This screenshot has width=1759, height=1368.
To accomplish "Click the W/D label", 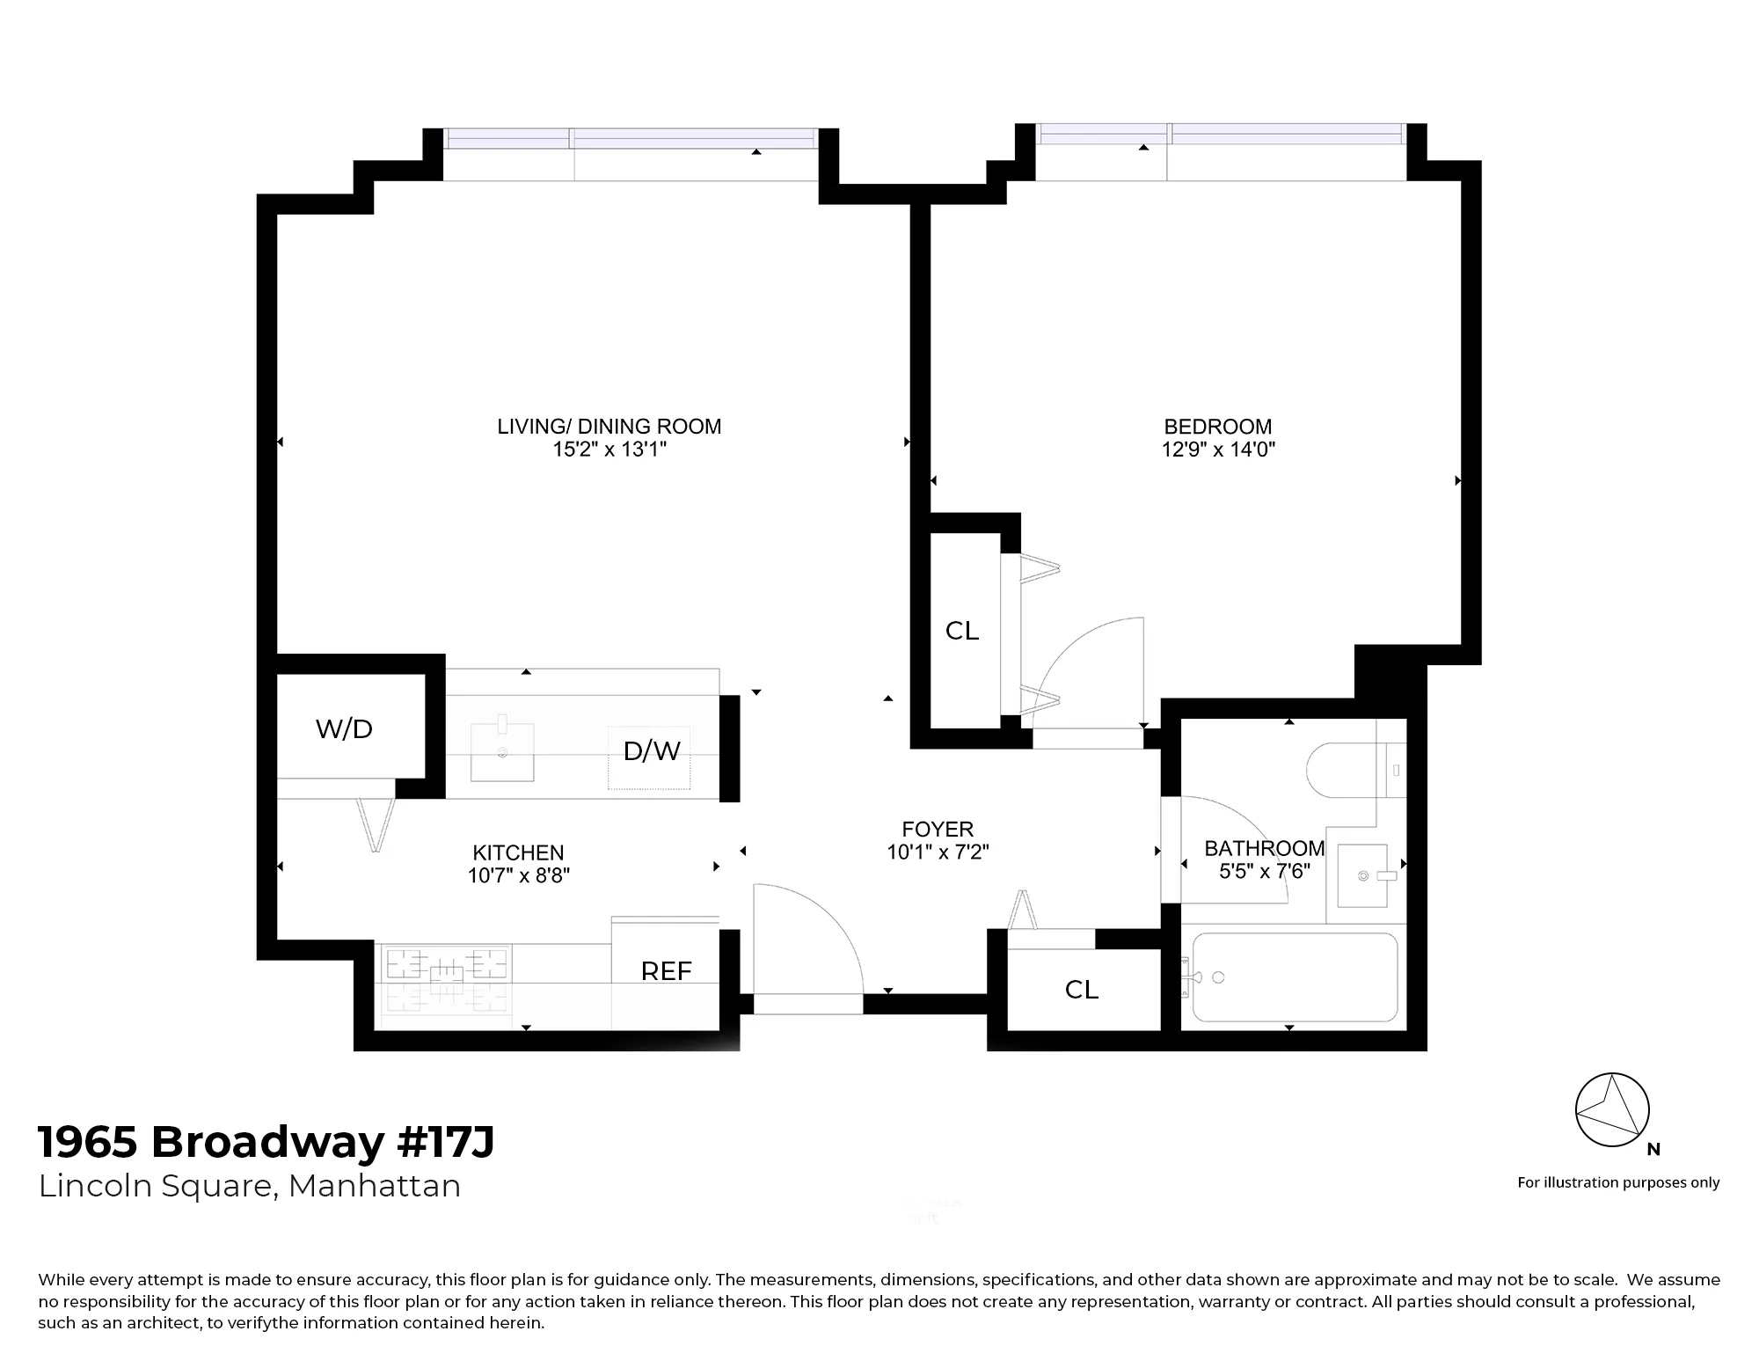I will [344, 728].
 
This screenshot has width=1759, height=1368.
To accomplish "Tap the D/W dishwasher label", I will [652, 750].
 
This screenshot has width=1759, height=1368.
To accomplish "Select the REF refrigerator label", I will [666, 971].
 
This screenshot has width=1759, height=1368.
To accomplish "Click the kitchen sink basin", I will [502, 751].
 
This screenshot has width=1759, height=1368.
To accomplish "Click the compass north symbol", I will [1612, 1110].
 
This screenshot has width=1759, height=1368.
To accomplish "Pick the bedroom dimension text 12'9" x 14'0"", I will [1218, 450].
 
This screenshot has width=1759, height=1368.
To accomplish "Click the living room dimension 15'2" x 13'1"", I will [609, 450].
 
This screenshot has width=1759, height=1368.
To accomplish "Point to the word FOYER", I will [938, 829].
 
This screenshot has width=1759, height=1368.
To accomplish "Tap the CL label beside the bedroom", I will [961, 631].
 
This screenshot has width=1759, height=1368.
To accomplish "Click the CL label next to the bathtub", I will [1081, 990].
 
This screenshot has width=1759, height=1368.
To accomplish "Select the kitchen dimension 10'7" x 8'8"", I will [518, 875].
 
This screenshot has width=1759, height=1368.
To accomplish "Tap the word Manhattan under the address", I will [374, 1186].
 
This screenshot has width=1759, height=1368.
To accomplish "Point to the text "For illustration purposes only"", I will [1618, 1182].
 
